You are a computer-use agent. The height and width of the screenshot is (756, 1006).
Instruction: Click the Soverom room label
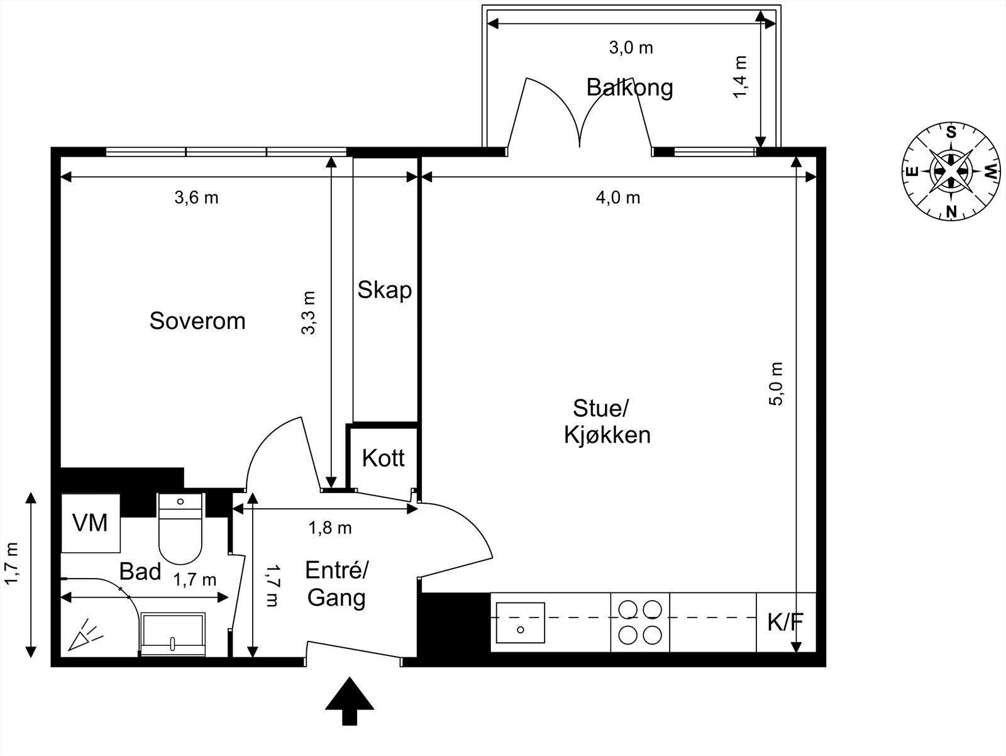point(197,321)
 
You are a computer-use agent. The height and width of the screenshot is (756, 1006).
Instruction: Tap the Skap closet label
point(384,290)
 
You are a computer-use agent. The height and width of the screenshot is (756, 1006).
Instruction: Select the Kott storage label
point(383,459)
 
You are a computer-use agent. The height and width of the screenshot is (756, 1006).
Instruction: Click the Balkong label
point(629,87)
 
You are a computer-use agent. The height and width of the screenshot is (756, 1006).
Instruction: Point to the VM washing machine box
point(90,523)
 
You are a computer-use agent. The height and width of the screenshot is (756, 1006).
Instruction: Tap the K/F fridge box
point(785,623)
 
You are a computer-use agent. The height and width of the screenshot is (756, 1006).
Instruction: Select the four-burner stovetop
point(640,622)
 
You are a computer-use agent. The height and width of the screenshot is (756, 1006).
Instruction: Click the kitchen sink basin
point(520,622)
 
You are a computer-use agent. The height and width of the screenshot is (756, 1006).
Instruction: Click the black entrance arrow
point(350,700)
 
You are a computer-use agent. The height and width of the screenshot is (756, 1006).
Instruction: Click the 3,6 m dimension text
point(196,198)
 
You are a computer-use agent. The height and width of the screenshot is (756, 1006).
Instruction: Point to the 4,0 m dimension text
point(617,198)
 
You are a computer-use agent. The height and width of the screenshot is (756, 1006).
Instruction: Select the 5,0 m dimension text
point(777,384)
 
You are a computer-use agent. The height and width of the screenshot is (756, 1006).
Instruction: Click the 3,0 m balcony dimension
point(631,48)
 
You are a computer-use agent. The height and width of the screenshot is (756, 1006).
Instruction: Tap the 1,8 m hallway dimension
point(329,528)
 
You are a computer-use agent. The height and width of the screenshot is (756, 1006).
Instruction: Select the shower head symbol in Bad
point(84,635)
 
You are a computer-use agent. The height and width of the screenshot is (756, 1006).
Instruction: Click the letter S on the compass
point(951,133)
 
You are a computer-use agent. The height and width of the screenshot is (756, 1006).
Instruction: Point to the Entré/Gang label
point(336,584)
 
